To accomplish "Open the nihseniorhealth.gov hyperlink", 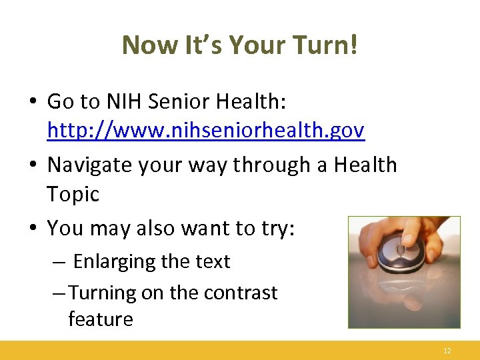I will (x=206, y=131).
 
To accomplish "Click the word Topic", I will (x=73, y=195).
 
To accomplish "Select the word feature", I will (x=100, y=319).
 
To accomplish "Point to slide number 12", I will (x=447, y=350).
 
